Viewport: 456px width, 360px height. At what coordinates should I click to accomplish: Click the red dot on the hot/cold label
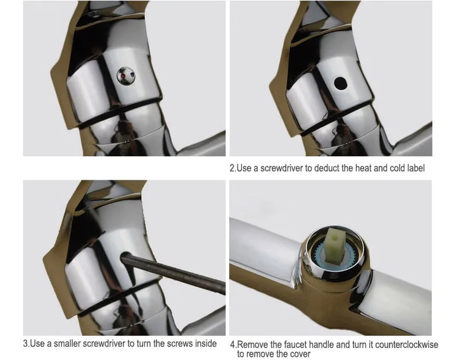point(123,76)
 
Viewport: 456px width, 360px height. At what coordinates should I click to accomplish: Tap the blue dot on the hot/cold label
point(132,74)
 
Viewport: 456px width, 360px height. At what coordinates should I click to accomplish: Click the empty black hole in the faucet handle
point(340,83)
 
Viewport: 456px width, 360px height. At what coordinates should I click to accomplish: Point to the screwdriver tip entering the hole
point(124,257)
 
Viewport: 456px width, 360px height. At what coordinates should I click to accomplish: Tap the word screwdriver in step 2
point(281,168)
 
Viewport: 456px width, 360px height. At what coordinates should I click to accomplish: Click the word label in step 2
point(415,168)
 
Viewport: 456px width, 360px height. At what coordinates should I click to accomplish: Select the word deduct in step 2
point(327,168)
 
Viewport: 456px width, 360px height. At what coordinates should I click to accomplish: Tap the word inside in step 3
point(206,344)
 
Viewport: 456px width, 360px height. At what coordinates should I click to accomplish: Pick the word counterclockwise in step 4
point(407,345)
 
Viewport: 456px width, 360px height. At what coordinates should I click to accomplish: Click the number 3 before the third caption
point(25,344)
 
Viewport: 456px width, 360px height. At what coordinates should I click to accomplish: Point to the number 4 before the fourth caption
point(232,345)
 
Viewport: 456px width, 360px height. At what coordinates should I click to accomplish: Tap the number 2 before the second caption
point(232,168)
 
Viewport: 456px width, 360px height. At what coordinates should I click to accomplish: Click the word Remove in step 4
point(250,345)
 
